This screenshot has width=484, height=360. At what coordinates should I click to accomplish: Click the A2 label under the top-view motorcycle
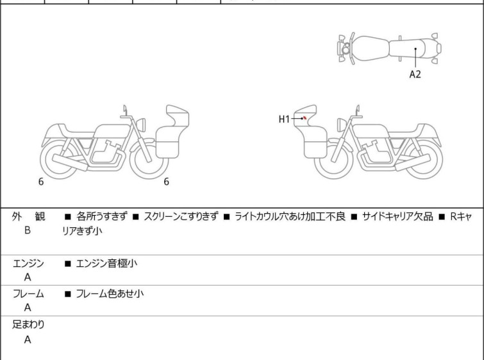tap(415, 74)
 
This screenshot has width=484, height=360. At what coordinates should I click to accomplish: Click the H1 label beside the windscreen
tap(285, 119)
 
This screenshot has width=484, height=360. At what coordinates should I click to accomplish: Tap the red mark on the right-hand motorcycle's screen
tap(305, 119)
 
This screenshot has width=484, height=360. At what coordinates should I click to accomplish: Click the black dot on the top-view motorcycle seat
tap(415, 49)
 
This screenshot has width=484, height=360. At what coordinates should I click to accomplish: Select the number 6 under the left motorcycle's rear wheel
tap(41, 182)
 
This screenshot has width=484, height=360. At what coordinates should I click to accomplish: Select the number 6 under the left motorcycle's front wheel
tap(167, 182)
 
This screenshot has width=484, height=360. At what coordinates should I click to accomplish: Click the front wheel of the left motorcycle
tap(149, 160)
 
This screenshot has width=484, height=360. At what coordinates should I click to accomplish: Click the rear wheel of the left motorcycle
tap(60, 160)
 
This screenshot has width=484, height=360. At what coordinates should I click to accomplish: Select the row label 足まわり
tap(28, 324)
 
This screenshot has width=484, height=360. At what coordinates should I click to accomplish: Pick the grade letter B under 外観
tap(28, 229)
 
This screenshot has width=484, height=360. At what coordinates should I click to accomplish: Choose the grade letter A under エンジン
tap(28, 277)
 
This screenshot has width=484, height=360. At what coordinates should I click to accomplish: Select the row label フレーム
tap(28, 294)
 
